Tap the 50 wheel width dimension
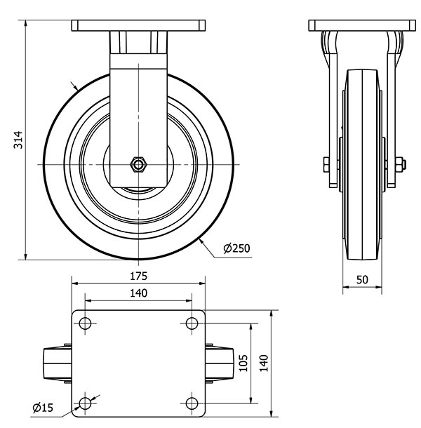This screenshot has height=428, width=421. click(362, 279)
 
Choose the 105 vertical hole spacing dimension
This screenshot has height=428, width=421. click(243, 363)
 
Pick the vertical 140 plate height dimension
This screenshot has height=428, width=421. click(264, 363)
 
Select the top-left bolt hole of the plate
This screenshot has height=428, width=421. click(86, 323)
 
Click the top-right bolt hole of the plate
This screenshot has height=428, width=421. click(192, 323)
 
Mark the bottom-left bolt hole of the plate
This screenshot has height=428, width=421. click(86, 403)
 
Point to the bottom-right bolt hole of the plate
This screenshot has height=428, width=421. click(192, 403)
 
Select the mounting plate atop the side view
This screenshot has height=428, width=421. click(362, 27)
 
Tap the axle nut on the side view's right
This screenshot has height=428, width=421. click(400, 166)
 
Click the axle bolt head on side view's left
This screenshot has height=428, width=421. click(326, 166)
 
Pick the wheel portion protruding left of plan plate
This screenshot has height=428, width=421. click(58, 363)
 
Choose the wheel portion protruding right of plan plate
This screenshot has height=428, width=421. click(219, 363)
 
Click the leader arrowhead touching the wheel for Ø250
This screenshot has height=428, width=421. click(201, 241)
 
